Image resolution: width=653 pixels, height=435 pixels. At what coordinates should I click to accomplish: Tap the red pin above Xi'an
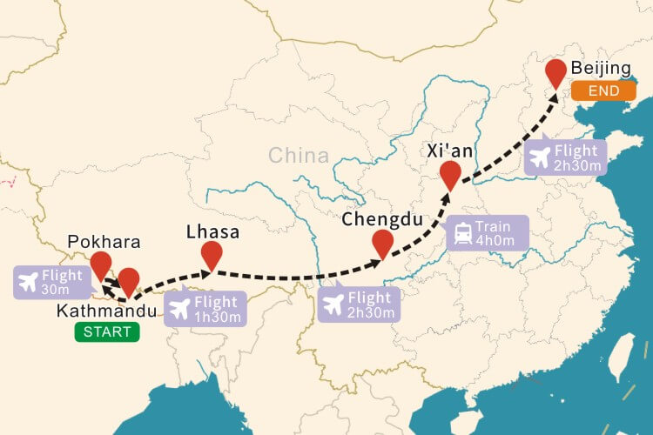pos(449,173)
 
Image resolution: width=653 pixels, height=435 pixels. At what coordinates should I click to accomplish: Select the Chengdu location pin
pos(382,243)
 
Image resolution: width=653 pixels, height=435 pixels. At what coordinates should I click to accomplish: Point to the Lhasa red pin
pos(212,254)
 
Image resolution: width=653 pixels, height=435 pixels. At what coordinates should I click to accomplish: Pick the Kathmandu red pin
pos(129,280)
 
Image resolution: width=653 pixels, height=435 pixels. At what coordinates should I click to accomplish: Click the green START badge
pos(107,331)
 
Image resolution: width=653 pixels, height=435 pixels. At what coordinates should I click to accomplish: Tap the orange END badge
pos(603,90)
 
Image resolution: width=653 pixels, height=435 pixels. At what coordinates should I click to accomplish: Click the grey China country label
pos(299,156)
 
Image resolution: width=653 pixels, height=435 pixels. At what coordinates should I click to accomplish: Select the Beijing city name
pos(601,69)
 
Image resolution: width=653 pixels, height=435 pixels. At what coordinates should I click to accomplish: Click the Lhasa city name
pos(212,232)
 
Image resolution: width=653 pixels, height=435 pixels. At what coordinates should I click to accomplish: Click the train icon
pos(462,234)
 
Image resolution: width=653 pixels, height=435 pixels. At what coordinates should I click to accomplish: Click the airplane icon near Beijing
pos(541,157)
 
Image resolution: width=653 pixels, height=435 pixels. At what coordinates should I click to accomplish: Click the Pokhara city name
pos(104,241)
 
